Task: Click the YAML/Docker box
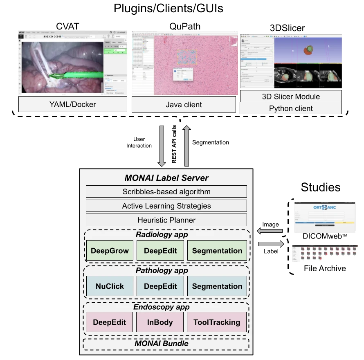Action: pos(72,105)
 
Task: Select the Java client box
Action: pos(184,105)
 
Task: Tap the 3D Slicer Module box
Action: pos(291,97)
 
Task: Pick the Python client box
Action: pos(291,108)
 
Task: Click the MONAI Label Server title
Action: pos(166,178)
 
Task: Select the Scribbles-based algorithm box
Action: pos(166,191)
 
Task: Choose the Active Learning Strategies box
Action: pos(166,206)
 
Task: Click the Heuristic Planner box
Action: pos(166,220)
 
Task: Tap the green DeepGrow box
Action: pos(110,251)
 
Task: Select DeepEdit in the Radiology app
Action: pos(160,251)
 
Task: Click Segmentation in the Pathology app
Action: pos(217,286)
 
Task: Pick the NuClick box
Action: pos(110,286)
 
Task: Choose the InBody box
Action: pos(160,322)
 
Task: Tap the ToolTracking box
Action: pos(217,322)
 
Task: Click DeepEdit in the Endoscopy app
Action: pos(110,322)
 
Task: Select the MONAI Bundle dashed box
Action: pos(166,344)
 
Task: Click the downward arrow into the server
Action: pos(162,146)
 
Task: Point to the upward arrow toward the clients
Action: pos(187,146)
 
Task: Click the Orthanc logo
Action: pos(326,208)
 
